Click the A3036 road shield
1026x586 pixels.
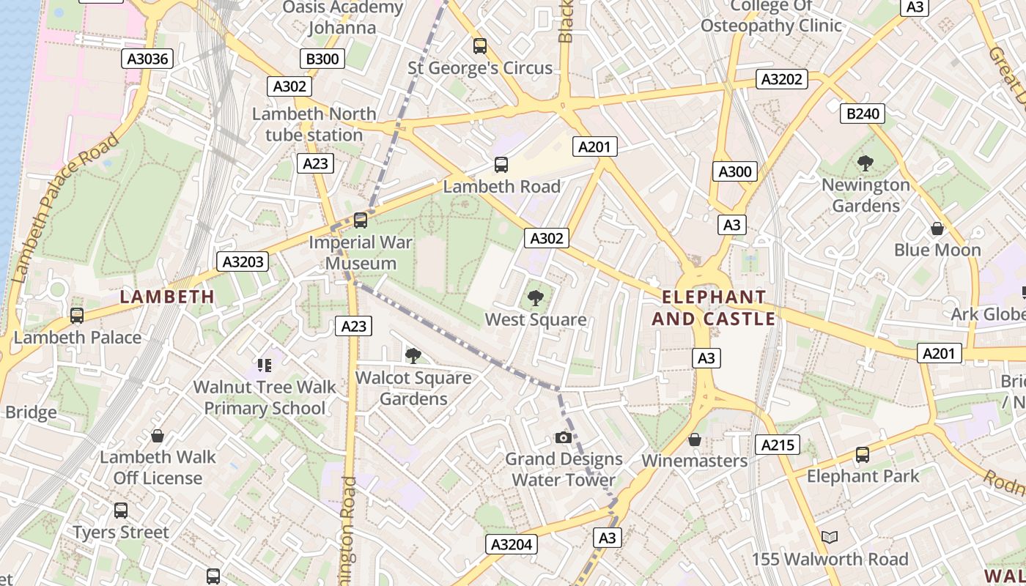tap(147, 59)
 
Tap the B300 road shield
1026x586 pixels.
tap(322, 59)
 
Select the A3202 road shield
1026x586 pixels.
tap(782, 79)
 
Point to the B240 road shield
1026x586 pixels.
tap(863, 114)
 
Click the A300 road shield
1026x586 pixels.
tap(734, 171)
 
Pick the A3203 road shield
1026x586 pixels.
tap(243, 262)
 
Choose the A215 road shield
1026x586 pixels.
tap(778, 445)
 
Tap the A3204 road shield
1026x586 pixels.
tap(511, 544)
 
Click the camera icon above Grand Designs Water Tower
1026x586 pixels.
tap(563, 437)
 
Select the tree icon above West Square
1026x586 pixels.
tap(536, 297)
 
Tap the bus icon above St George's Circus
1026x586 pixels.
tap(480, 46)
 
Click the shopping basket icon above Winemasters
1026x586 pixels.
tap(694, 439)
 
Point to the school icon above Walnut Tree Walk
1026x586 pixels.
tap(264, 365)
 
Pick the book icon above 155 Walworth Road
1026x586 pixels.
tap(829, 538)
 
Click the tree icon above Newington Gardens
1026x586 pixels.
tap(865, 163)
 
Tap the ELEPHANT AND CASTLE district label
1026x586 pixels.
tap(713, 308)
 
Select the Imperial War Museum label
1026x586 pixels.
tap(361, 253)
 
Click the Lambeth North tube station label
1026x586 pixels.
tap(314, 125)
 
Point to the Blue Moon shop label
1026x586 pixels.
tap(937, 250)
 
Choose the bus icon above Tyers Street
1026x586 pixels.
tap(121, 511)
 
